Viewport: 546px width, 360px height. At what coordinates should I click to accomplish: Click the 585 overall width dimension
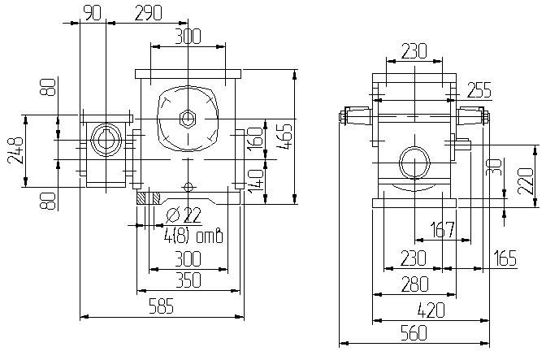click(161, 306)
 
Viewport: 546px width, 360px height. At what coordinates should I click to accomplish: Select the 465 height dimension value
click(285, 137)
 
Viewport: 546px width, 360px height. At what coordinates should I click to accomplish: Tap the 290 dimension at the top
click(148, 13)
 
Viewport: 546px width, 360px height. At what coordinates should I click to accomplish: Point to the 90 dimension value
click(93, 13)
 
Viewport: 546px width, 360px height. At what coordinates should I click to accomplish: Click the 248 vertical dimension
click(15, 150)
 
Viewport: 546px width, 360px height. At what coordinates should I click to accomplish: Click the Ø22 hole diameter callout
click(184, 215)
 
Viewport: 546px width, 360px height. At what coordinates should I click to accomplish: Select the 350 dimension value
click(188, 280)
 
